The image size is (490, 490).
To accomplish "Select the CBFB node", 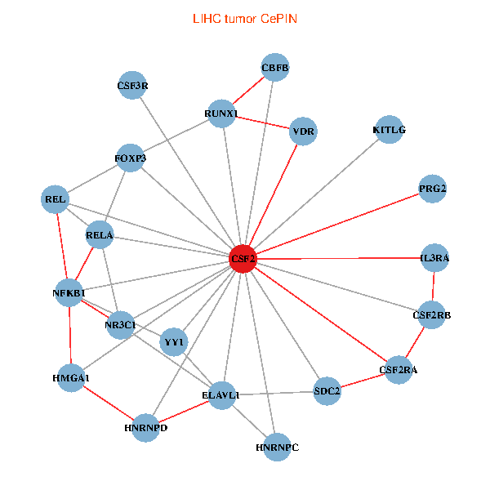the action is [275, 67].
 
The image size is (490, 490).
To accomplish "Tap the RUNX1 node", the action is [220, 114].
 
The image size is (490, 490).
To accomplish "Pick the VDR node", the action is [304, 131].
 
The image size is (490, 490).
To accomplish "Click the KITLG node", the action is [389, 130].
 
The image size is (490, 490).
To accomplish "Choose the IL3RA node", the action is [434, 257].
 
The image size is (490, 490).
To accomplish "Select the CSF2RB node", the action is [432, 314].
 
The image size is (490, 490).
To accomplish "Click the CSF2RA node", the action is [398, 370].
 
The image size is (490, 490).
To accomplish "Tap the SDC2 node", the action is [327, 390].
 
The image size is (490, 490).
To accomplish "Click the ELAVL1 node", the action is [220, 395].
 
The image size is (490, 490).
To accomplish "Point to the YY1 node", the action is [174, 341].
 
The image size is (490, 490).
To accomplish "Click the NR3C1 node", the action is [120, 324].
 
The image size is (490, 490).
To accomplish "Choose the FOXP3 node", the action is [131, 158].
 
